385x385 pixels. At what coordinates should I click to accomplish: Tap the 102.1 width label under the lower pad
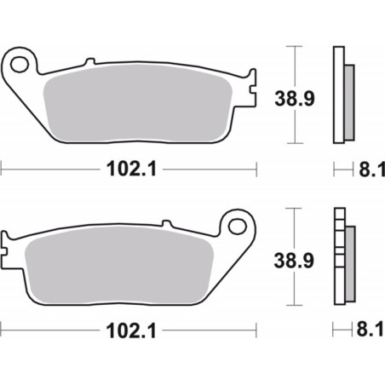pos(129,330)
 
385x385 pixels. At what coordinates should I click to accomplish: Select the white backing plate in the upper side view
pos(338,94)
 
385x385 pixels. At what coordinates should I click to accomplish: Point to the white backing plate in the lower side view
pos(338,256)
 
